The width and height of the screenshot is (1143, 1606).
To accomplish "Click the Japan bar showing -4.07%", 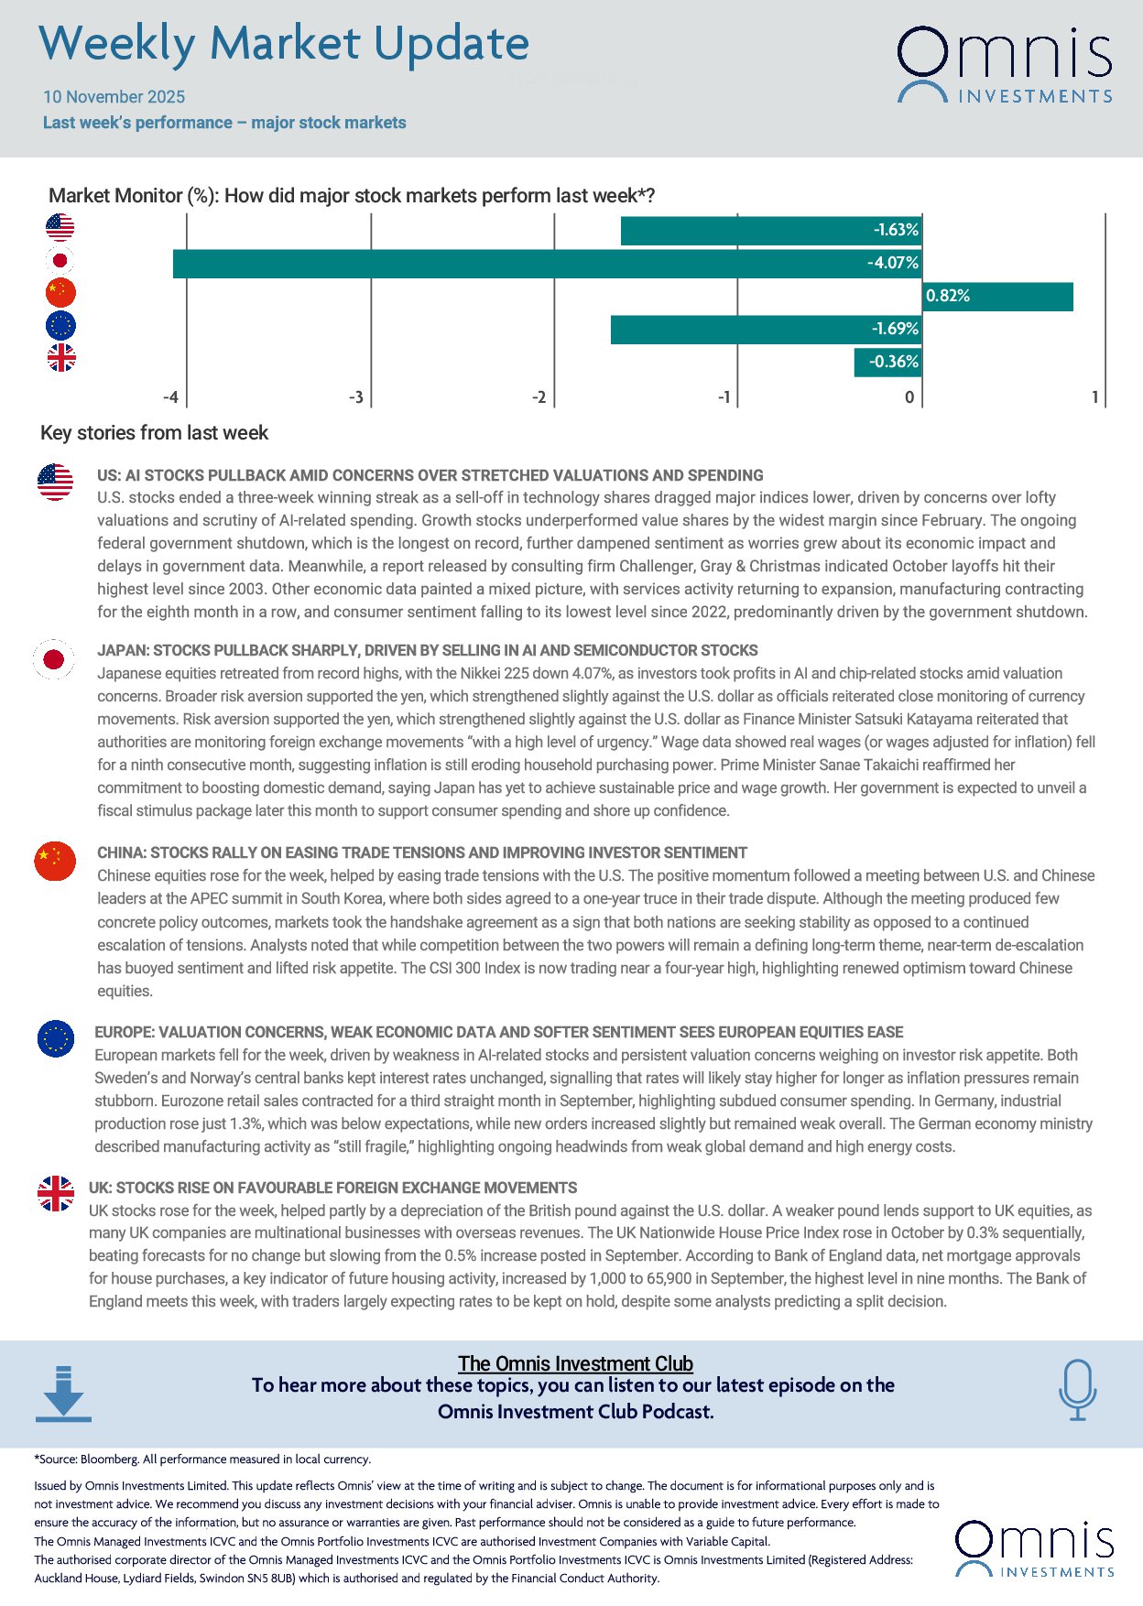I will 547,264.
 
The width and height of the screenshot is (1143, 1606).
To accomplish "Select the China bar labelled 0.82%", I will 997,297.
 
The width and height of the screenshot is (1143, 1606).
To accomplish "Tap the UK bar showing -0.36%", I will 887,363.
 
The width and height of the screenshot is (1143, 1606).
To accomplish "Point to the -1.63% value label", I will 895,230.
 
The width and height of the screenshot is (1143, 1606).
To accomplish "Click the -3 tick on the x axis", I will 356,397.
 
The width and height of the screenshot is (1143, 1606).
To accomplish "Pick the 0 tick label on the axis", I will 909,397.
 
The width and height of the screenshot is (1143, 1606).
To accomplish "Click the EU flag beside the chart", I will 61,326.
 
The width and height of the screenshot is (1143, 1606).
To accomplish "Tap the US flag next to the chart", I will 60,227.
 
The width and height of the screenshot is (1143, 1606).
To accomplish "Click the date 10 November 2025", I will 114,97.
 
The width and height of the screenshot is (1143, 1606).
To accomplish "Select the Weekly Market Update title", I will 284,44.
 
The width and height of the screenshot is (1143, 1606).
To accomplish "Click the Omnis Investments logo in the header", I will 1004,64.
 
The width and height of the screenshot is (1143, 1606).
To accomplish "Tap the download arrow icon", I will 63,1394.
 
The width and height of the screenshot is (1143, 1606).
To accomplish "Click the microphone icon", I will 1077,1389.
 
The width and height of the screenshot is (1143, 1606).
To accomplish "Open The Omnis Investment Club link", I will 575,1363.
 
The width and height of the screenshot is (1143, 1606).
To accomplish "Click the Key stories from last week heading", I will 154,433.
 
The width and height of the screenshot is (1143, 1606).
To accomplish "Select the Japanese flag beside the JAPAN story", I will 54,659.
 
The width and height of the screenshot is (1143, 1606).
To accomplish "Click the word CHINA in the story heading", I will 120,852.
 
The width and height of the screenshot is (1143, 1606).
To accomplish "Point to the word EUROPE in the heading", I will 124,1032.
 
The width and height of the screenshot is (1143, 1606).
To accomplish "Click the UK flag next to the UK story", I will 56,1194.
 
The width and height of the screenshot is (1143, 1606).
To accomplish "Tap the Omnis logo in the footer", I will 1034,1549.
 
